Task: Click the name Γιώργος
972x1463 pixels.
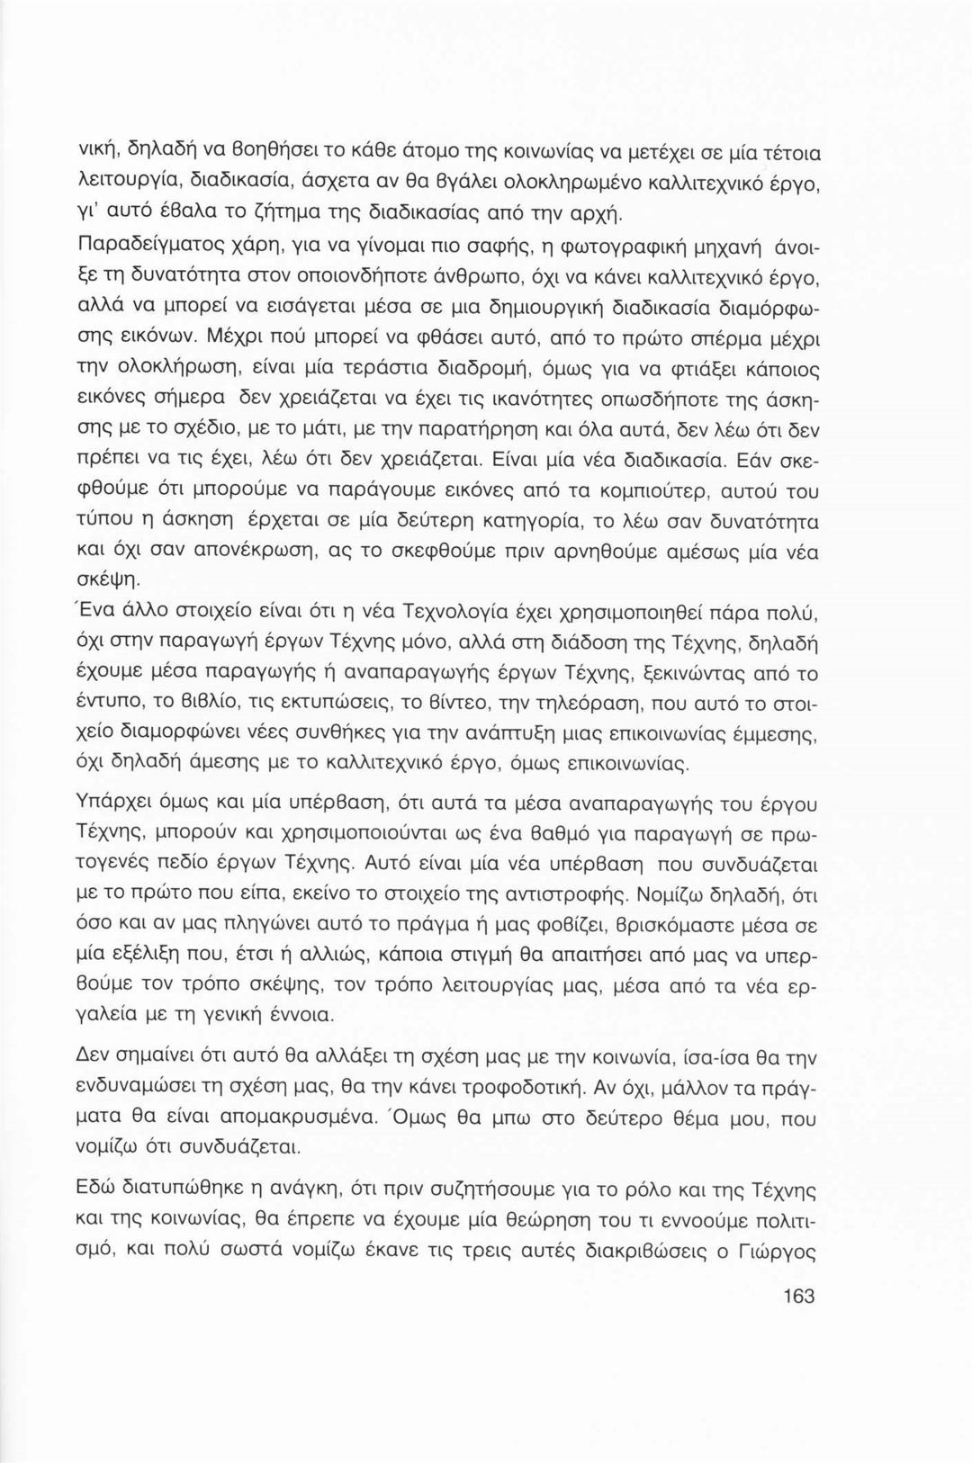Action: [x=781, y=1252]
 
